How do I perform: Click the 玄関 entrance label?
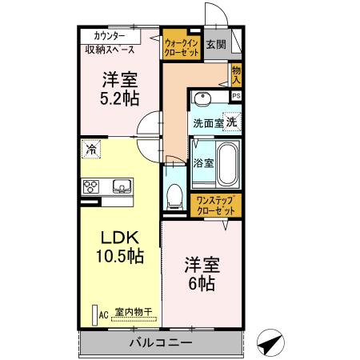click(x=215, y=44)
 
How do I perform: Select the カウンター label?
click(x=109, y=36)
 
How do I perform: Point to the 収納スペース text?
click(x=115, y=50)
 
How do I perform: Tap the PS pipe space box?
click(x=236, y=95)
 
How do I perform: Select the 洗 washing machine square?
click(x=230, y=122)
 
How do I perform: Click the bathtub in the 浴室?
click(x=227, y=163)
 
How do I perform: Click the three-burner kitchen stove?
click(x=90, y=187)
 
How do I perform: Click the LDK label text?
click(x=120, y=238)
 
